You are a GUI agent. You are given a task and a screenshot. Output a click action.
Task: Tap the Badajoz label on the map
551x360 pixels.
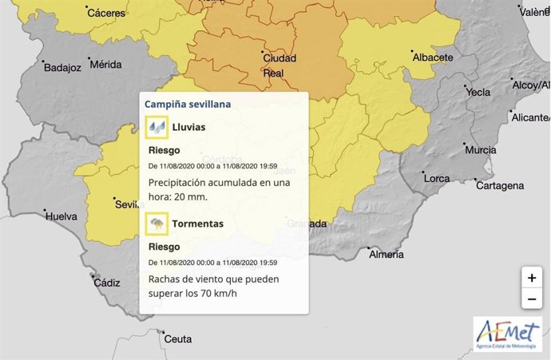tap(61, 68)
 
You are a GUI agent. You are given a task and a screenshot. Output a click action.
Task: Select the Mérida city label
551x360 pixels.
tap(107, 64)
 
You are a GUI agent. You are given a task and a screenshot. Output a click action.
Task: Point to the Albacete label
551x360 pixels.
tap(432, 57)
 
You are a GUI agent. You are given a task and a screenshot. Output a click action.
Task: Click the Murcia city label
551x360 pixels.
tap(480, 150)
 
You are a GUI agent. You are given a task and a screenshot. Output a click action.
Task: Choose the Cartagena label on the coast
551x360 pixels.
tap(499, 185)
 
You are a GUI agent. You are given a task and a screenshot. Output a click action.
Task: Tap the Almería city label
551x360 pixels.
tap(386, 254)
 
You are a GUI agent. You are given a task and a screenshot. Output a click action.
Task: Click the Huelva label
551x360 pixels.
tap(62, 216)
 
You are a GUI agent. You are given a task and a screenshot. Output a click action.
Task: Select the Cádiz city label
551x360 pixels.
tap(106, 283)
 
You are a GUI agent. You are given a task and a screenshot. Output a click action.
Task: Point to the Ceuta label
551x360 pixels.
tap(177, 338)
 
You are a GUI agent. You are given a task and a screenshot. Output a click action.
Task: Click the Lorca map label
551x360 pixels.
tap(437, 178)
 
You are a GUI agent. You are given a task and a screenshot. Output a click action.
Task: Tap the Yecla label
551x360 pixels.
tap(478, 92)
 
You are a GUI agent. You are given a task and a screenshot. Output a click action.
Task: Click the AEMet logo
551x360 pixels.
tap(507, 334)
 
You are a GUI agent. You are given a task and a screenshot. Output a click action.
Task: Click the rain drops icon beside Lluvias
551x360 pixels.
tap(157, 127)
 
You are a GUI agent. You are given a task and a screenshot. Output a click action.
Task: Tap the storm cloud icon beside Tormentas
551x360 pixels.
tap(157, 224)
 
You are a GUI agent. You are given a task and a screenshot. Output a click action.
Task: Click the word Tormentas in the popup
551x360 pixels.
tap(198, 224)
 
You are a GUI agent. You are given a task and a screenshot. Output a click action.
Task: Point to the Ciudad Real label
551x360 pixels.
tap(279, 66)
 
